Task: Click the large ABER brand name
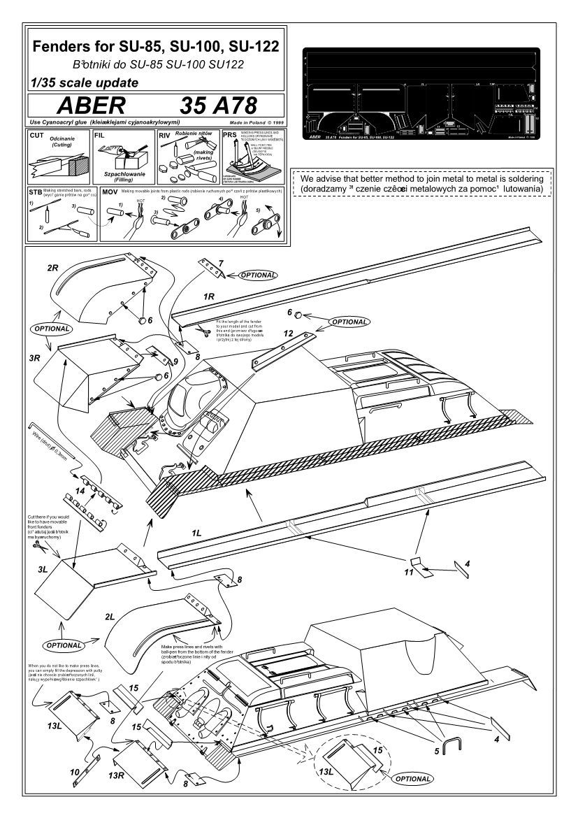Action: click(x=91, y=106)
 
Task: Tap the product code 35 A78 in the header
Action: click(x=219, y=106)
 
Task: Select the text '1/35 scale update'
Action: click(x=81, y=81)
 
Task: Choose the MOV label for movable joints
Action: click(x=110, y=191)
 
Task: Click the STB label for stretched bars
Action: click(x=36, y=191)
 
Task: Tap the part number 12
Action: click(x=288, y=334)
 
